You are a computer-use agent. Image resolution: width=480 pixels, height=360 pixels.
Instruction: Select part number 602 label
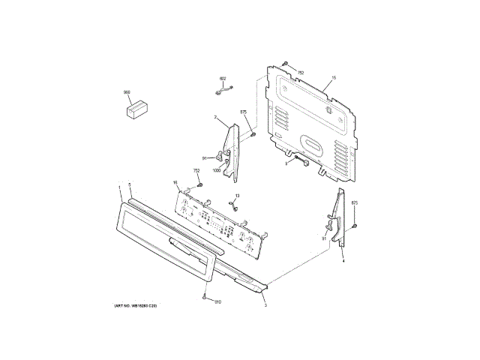(x=223, y=79)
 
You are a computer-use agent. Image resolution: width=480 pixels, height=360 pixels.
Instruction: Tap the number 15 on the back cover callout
(x=334, y=79)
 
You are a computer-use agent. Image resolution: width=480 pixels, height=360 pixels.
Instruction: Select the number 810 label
(x=217, y=302)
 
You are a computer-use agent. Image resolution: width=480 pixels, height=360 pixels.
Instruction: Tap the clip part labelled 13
(x=234, y=209)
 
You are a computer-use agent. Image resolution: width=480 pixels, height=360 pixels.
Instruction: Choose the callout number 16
(x=175, y=183)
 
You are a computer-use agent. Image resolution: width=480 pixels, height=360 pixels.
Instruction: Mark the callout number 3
(x=265, y=306)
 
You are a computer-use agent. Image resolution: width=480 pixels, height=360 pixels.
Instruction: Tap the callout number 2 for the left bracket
(x=215, y=118)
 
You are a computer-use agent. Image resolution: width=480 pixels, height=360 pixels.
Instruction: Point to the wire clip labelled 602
(x=221, y=91)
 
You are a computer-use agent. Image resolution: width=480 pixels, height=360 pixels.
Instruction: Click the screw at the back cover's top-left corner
(x=285, y=66)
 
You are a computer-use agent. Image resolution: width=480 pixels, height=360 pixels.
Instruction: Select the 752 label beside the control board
(x=196, y=172)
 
